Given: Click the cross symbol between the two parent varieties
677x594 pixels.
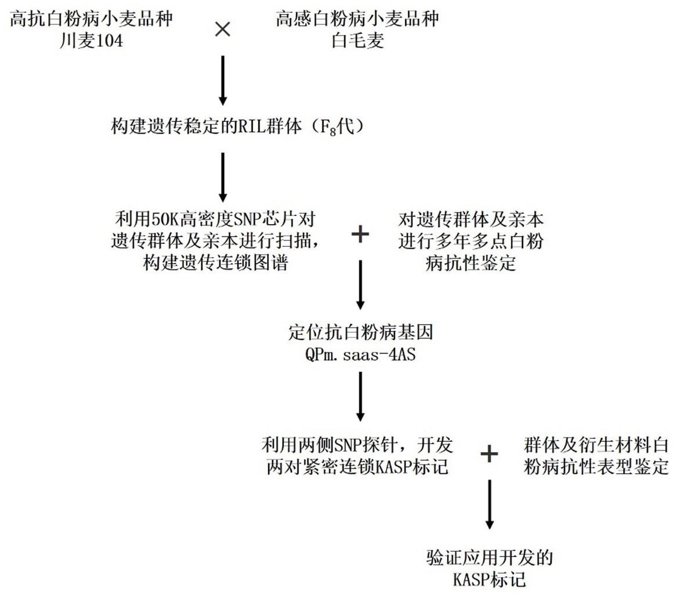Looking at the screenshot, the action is point(223,30).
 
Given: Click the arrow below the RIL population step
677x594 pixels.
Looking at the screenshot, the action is point(223,177).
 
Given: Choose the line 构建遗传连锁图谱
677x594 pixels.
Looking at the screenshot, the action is point(216,262).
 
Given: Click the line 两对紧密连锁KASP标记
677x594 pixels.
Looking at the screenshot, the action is point(356,466).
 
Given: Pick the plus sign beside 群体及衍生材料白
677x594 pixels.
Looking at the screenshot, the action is point(489,455).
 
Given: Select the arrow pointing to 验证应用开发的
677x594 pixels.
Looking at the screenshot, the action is point(489,504).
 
